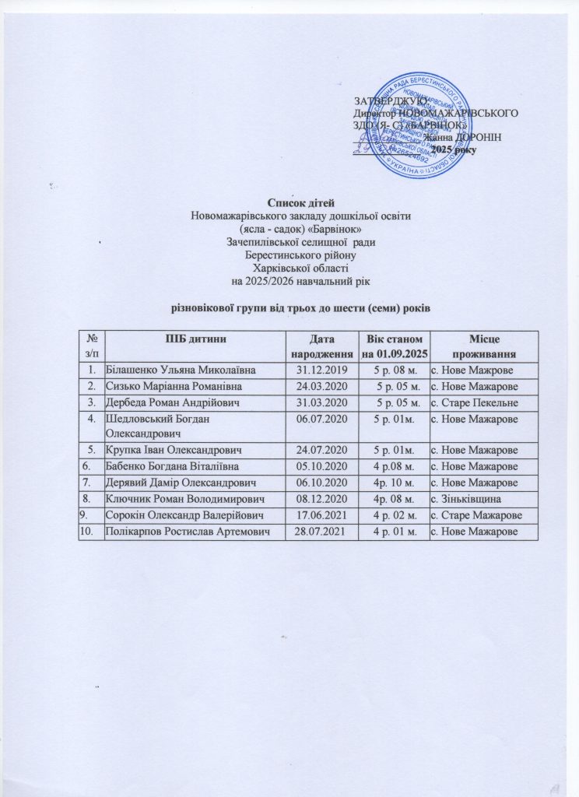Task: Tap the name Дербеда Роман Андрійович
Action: click(172, 402)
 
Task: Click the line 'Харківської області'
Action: click(289, 267)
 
